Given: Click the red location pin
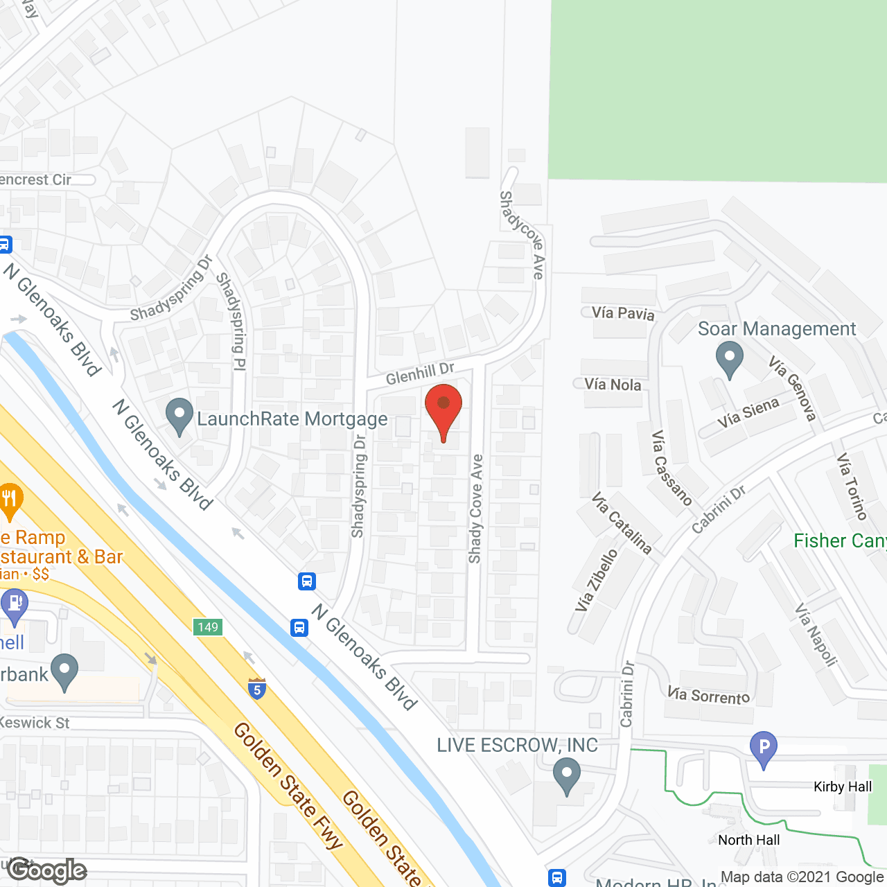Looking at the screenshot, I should [443, 409].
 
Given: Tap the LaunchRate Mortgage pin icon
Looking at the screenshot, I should [179, 417].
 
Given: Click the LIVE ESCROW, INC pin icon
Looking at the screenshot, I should [567, 775].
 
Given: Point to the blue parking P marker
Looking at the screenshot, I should [763, 748].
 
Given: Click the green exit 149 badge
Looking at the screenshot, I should [207, 627].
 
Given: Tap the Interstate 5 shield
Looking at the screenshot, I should [257, 688].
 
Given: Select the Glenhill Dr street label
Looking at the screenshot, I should [420, 374].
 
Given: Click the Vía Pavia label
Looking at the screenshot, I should [623, 313].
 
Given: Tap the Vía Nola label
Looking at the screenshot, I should [613, 385].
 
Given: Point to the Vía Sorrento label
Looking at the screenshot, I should [708, 695].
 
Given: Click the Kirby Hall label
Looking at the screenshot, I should [843, 787].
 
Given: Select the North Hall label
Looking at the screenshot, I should [748, 840].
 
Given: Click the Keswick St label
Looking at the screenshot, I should [35, 723].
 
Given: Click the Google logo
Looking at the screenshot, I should [47, 870].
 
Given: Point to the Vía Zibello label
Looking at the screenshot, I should [596, 581].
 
